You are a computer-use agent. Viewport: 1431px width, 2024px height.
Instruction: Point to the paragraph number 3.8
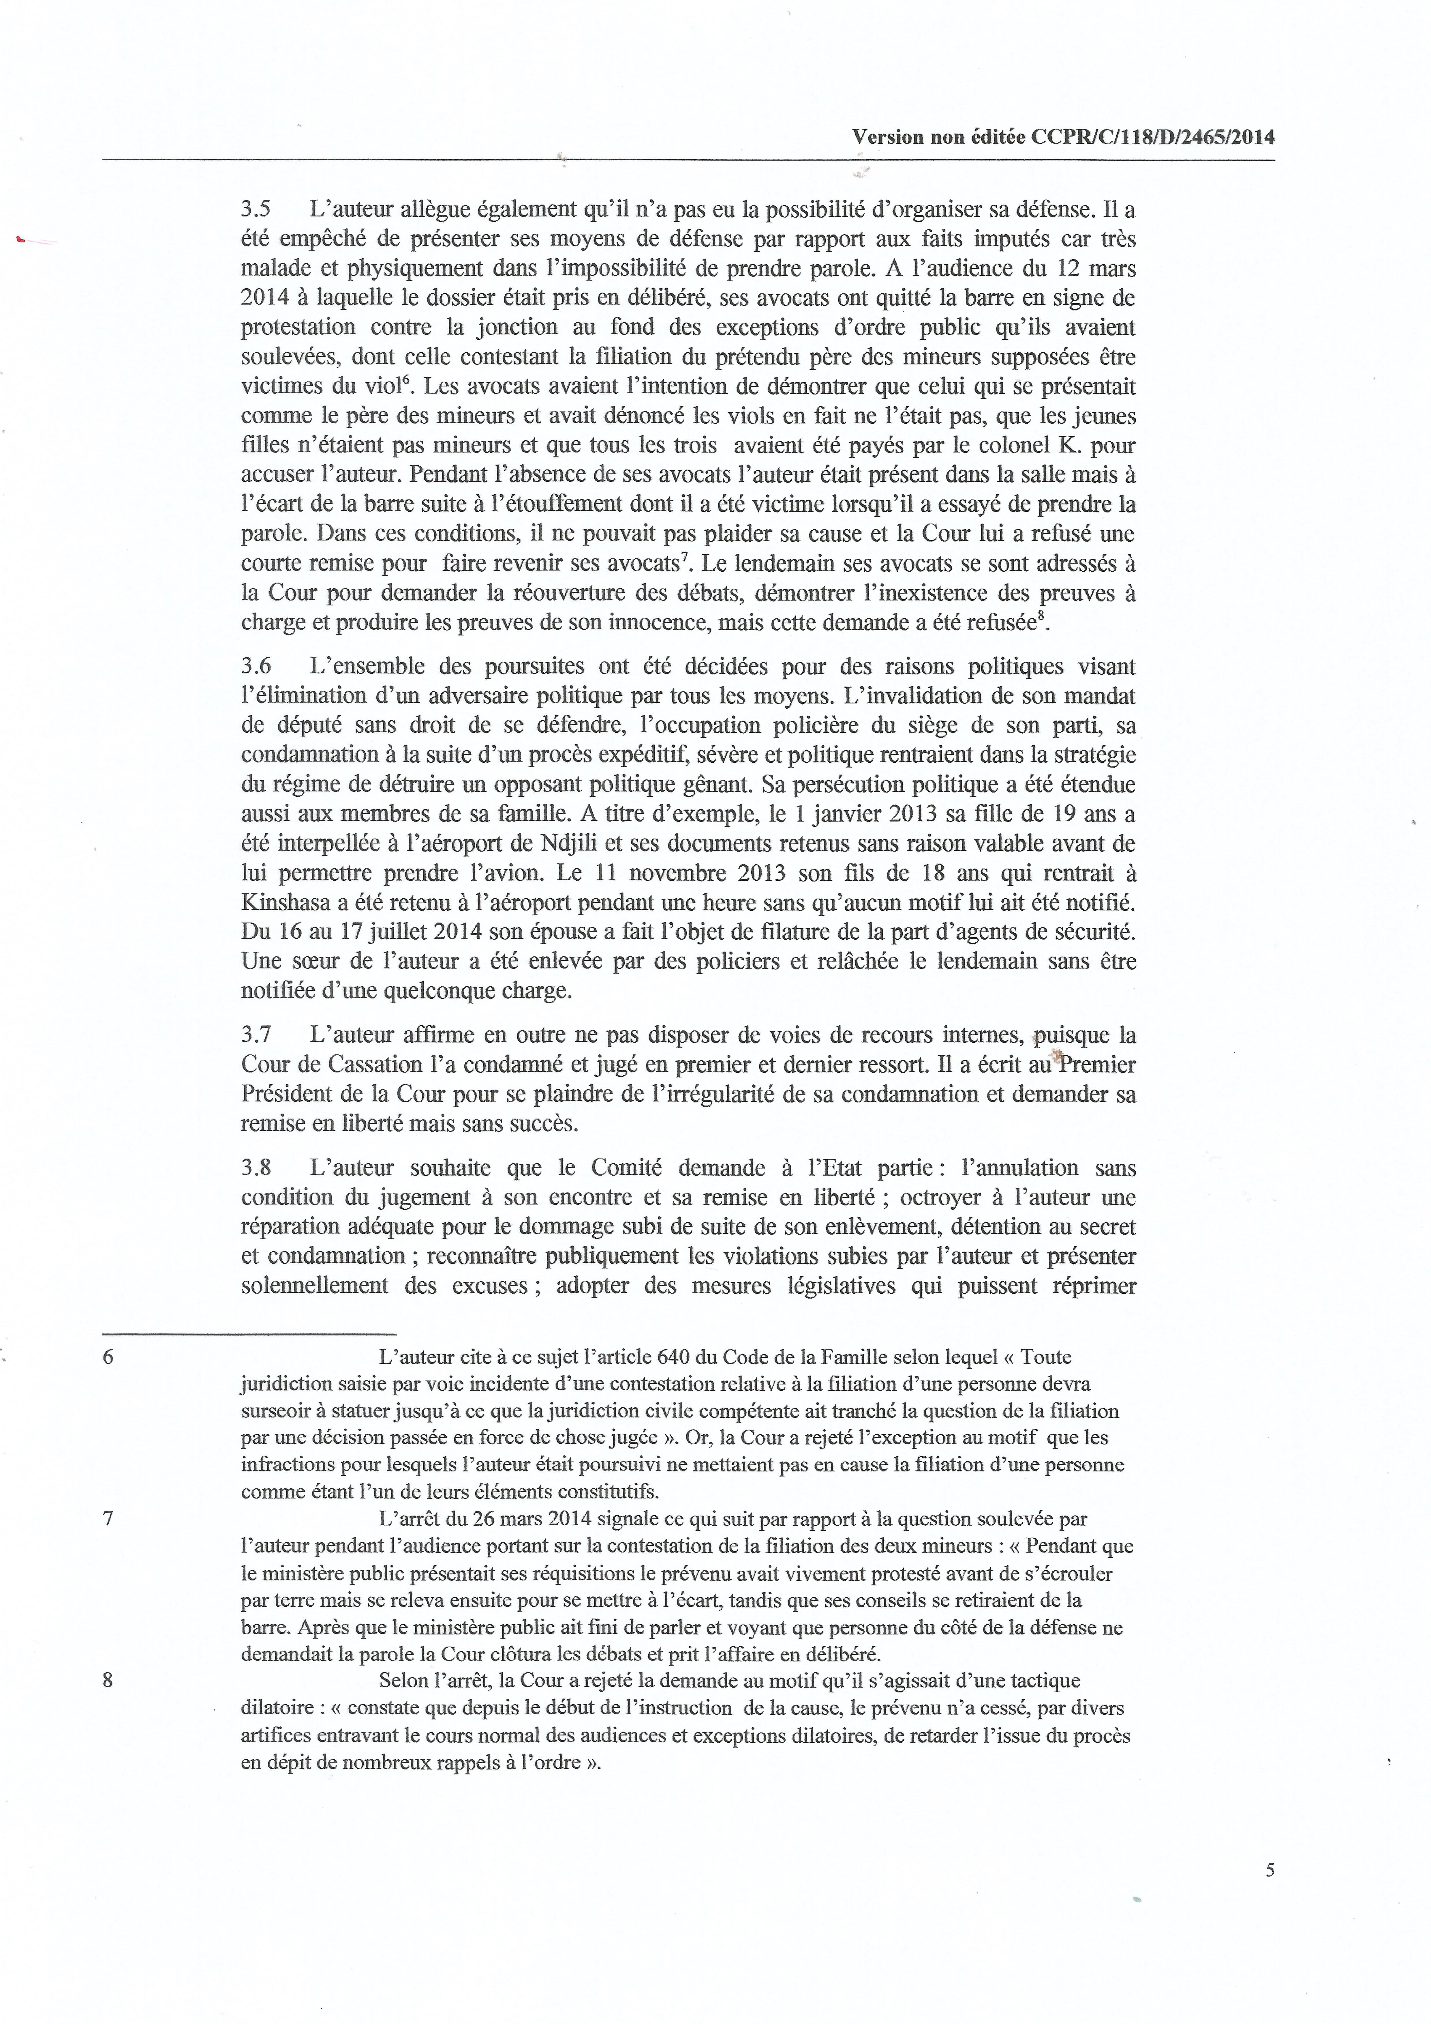256,1168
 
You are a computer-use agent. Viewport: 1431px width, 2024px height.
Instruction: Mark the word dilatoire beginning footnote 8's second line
277,1707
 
